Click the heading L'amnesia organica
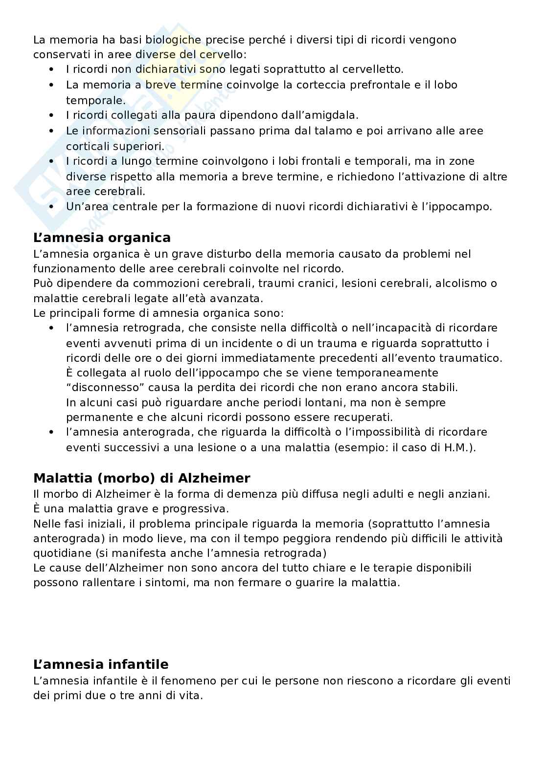(x=102, y=238)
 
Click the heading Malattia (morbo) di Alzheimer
(x=141, y=478)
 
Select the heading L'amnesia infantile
(x=101, y=664)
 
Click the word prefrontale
(x=380, y=85)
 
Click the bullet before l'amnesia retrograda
(x=51, y=328)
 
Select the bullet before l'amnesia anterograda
(x=51, y=433)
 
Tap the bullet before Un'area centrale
(x=51, y=207)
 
